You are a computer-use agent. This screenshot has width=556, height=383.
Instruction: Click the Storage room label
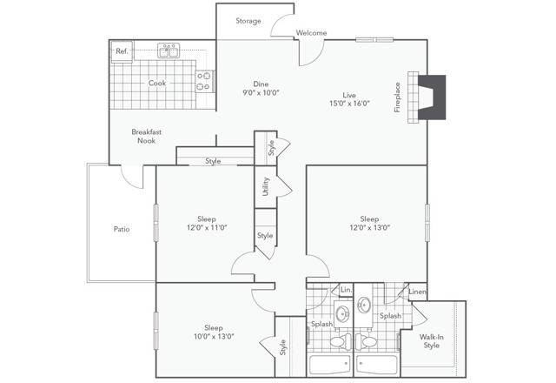coord(248,21)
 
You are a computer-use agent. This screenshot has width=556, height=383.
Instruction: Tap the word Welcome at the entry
coord(311,33)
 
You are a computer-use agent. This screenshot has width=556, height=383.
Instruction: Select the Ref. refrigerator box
coord(122,51)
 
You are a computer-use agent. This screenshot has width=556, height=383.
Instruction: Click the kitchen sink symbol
coord(169,50)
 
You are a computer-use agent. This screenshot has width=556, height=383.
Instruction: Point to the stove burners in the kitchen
coord(205,81)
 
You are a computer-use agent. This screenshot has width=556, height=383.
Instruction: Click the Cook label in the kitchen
coord(157,84)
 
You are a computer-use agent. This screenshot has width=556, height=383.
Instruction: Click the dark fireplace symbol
coord(431,96)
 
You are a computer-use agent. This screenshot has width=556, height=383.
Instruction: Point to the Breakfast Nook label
coord(147,136)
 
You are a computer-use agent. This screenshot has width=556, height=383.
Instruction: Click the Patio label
coord(122,230)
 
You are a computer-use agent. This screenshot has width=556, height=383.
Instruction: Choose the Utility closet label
coord(265,185)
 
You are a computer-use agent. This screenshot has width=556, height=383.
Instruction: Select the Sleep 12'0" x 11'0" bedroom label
coord(206,224)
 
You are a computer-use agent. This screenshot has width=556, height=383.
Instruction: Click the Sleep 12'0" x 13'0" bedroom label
coord(369,224)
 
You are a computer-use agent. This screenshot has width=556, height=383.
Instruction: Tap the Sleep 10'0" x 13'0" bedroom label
coord(213,332)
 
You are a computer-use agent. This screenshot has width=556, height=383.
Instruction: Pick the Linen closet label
coord(417,292)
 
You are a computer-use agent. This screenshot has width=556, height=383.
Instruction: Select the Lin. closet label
coord(345,290)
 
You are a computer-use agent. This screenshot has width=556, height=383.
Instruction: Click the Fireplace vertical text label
coord(398,97)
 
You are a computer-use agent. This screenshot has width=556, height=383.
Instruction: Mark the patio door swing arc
coord(132,178)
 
